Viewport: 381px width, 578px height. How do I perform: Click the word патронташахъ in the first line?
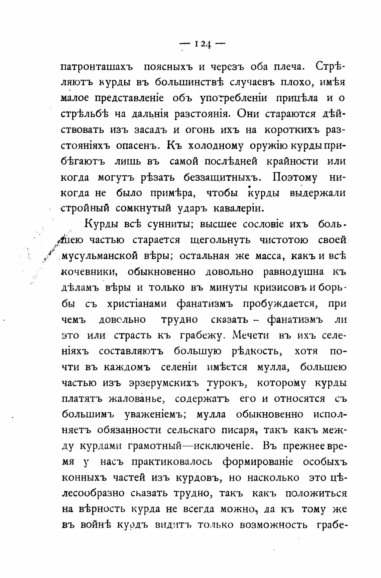coord(97,67)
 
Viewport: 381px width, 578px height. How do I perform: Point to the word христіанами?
coord(137,304)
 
